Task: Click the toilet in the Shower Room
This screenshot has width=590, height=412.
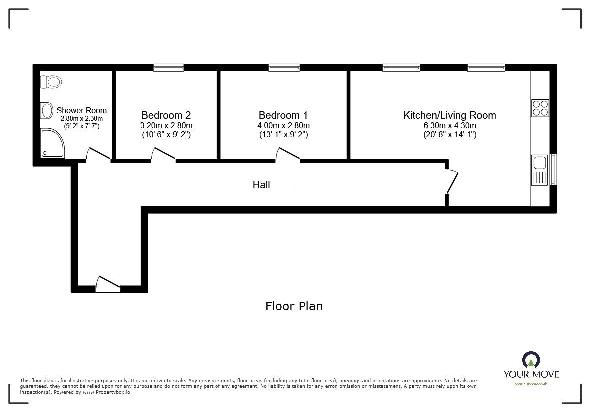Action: [x=51, y=81]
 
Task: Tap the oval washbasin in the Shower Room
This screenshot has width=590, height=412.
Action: [x=47, y=110]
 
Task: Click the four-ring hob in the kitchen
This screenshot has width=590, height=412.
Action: [x=540, y=108]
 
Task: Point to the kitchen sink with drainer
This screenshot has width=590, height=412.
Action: [x=540, y=170]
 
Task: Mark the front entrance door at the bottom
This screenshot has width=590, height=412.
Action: [x=108, y=284]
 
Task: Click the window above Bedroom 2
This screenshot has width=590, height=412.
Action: [x=168, y=68]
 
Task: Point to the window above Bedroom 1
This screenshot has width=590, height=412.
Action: [x=284, y=68]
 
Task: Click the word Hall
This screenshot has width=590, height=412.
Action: [x=261, y=185]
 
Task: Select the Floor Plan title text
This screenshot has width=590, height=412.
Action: [x=294, y=306]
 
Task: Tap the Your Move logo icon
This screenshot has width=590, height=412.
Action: [x=531, y=359]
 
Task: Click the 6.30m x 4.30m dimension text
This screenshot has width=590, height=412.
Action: [x=449, y=125]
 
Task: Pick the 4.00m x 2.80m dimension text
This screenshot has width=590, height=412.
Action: [x=283, y=125]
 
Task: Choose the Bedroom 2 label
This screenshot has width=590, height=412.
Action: [x=166, y=115]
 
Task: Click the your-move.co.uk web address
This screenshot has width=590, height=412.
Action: [x=531, y=383]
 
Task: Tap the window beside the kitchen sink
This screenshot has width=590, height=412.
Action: [x=553, y=170]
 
